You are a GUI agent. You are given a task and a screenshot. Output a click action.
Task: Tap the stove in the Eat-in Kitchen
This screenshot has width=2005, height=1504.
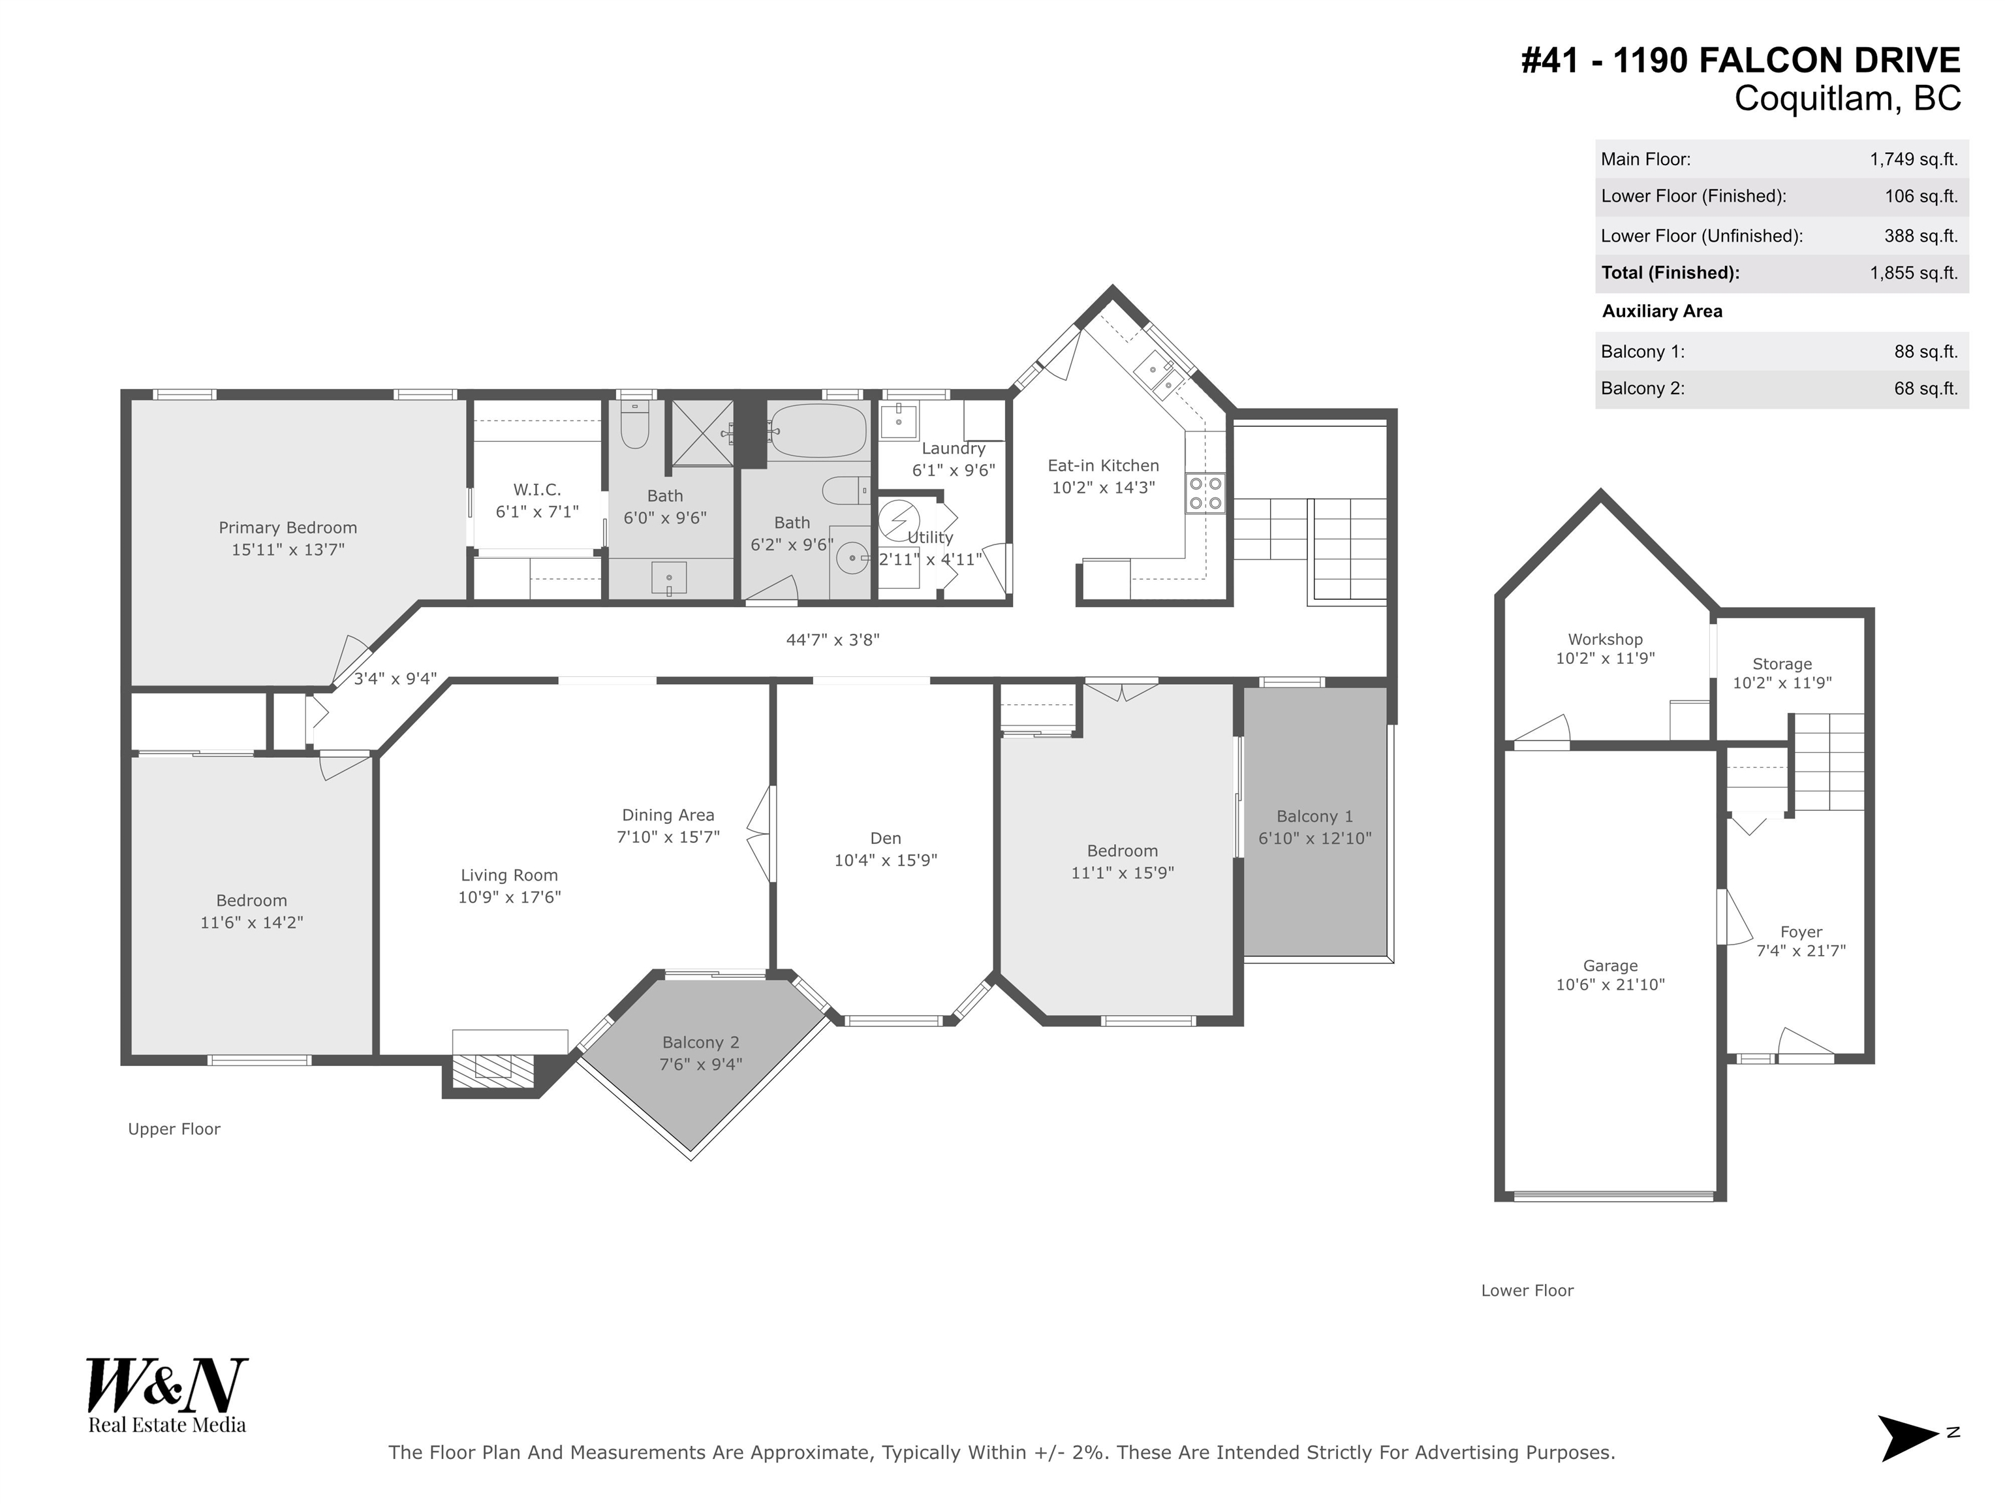click(x=1205, y=493)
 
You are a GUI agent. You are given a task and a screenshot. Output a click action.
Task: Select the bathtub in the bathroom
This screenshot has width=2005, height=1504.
click(x=818, y=431)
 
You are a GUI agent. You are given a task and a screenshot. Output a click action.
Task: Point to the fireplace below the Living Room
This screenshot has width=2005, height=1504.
click(x=493, y=1067)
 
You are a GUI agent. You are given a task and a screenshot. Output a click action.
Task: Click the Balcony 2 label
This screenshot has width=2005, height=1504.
click(x=701, y=1042)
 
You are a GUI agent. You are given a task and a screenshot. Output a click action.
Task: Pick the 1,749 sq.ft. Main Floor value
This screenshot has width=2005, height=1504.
click(x=1914, y=159)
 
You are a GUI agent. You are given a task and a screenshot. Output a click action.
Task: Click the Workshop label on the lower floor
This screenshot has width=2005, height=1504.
click(x=1606, y=639)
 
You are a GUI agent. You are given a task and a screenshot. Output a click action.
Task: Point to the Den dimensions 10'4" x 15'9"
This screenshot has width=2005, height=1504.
click(x=886, y=860)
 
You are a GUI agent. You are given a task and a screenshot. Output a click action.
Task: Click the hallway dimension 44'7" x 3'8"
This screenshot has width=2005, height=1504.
click(x=833, y=640)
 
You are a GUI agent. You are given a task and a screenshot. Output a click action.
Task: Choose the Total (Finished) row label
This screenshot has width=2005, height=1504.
click(x=1671, y=273)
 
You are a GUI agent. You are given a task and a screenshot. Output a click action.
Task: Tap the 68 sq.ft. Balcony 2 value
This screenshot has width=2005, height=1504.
click(x=1926, y=389)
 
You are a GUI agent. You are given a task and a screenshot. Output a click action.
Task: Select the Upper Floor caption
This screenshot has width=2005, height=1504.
click(x=174, y=1129)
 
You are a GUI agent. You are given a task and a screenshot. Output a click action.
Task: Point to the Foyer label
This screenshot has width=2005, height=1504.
click(x=1801, y=932)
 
